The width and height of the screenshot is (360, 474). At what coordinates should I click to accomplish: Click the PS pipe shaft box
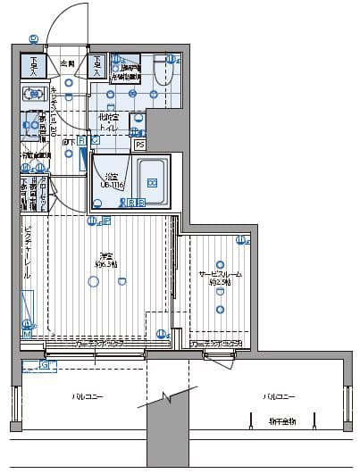139,145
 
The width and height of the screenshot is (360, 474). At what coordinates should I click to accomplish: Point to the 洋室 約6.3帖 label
107,261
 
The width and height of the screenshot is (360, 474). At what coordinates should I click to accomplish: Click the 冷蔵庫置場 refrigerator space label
36,155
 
